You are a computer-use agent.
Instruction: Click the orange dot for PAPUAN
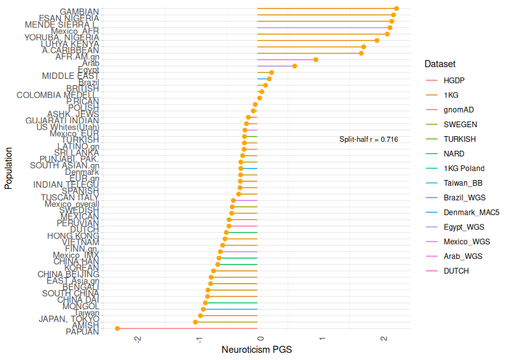(118, 328)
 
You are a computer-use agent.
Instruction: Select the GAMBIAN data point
(396, 9)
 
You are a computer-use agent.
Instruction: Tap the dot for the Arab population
(316, 60)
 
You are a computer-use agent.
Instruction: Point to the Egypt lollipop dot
(295, 66)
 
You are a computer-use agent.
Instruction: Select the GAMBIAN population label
(79, 11)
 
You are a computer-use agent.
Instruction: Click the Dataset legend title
(440, 64)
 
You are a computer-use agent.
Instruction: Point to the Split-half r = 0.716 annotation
(368, 139)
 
